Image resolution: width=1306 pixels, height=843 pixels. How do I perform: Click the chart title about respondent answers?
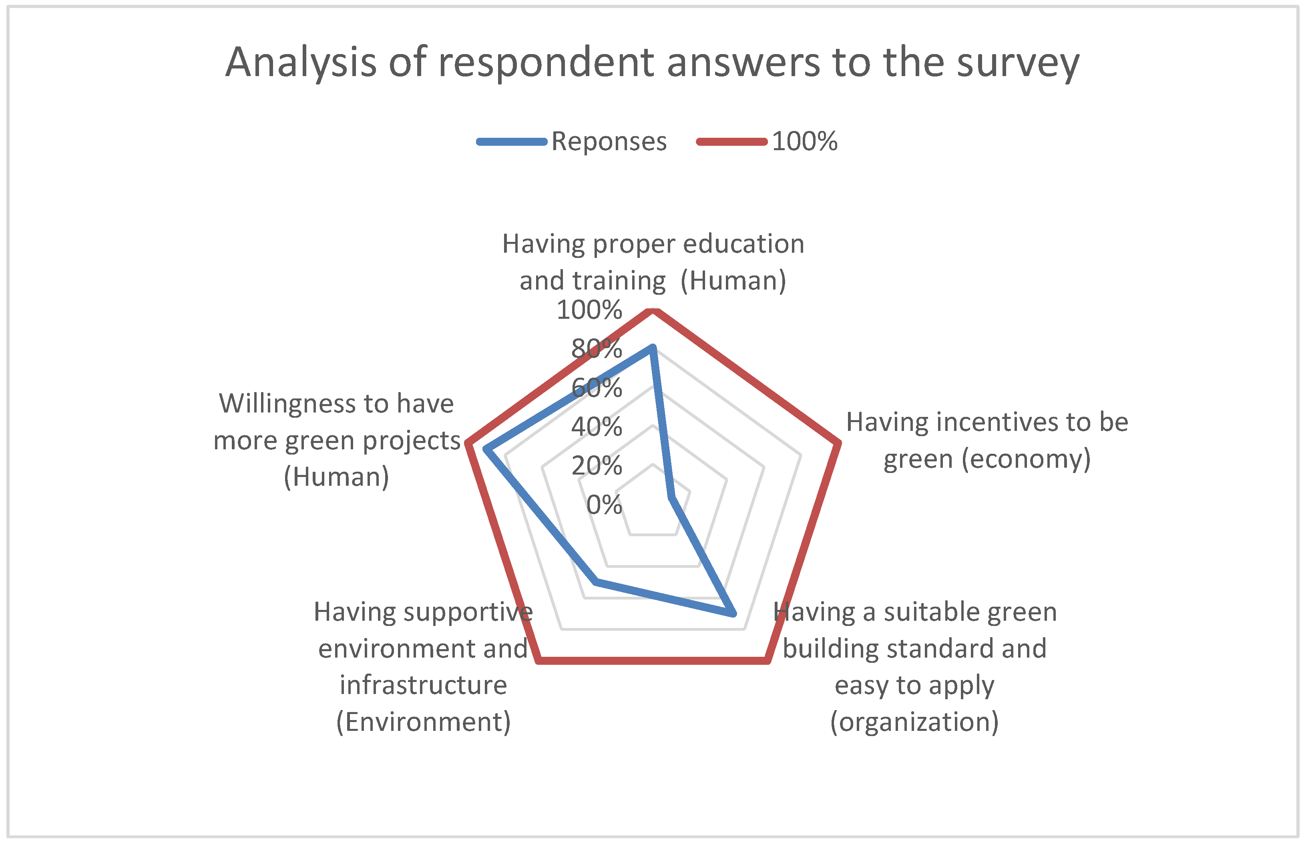(x=652, y=62)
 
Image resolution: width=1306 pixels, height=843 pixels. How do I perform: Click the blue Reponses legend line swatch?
(x=512, y=142)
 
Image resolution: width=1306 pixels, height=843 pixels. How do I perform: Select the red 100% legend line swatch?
(x=731, y=142)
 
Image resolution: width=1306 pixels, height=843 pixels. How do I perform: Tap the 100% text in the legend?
(x=804, y=142)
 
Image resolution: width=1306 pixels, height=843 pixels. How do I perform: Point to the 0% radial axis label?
(x=604, y=505)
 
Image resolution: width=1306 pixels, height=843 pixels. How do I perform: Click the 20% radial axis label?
(x=597, y=466)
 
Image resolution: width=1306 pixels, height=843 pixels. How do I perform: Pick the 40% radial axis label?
(x=597, y=427)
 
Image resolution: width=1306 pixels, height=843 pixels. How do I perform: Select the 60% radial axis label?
(x=597, y=388)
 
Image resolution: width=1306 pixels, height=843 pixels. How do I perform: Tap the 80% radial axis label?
(x=597, y=349)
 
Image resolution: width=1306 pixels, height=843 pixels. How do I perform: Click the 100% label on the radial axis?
(x=589, y=310)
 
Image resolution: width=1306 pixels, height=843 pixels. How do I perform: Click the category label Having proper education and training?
(x=653, y=262)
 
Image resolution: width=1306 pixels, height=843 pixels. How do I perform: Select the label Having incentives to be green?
(x=987, y=441)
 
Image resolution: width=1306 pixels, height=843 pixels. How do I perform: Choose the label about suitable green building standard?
(x=914, y=667)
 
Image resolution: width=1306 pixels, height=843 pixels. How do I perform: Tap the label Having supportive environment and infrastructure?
(x=423, y=667)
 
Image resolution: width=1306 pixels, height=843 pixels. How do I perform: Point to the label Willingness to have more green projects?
(x=336, y=440)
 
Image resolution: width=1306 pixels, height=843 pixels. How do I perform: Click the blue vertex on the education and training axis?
(x=652, y=348)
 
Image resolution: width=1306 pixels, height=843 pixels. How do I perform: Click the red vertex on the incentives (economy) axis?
(x=837, y=443)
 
